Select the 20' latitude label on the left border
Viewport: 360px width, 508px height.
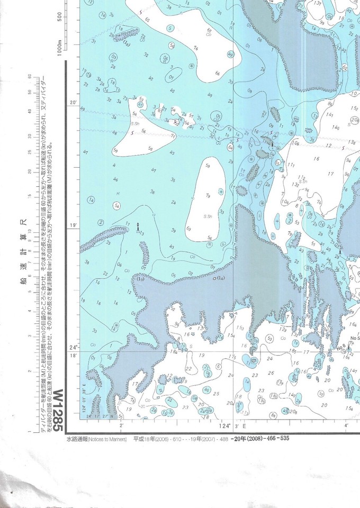74,102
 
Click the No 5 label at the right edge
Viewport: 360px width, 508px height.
354,338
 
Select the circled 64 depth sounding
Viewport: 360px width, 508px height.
230,147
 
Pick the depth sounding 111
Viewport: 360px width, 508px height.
291,166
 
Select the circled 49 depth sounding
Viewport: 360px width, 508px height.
230,55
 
